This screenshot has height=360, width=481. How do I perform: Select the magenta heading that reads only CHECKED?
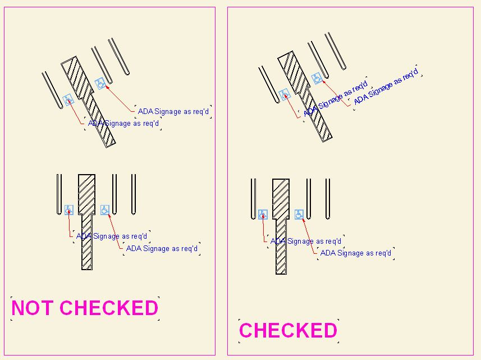pos(288,330)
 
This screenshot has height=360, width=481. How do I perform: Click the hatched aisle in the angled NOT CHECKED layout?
pos(89,102)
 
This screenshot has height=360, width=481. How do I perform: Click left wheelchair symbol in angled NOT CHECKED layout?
pos(68,100)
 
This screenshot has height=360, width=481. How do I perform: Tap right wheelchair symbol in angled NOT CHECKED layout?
pos(100,84)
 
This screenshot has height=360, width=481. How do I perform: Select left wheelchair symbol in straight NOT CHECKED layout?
pos(68,209)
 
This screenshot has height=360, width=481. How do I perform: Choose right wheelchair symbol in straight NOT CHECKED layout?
pos(105,209)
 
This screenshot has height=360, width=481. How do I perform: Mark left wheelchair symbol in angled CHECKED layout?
pos(284,94)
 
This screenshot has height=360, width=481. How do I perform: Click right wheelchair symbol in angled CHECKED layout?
pos(317,78)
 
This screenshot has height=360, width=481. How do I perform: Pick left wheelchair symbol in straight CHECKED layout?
pos(262,214)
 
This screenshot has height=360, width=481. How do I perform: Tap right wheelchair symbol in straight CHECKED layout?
pos(299,214)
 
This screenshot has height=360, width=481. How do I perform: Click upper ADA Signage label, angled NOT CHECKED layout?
pos(173,111)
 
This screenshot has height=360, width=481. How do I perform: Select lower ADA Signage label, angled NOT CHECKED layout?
pos(123,124)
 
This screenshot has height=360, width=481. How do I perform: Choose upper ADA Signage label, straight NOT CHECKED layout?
pos(112,236)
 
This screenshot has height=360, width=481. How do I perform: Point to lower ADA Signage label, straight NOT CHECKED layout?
pos(162,248)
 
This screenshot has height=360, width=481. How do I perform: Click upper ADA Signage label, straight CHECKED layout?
pos(306,241)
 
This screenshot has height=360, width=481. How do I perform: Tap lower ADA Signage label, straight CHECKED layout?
pos(356,253)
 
